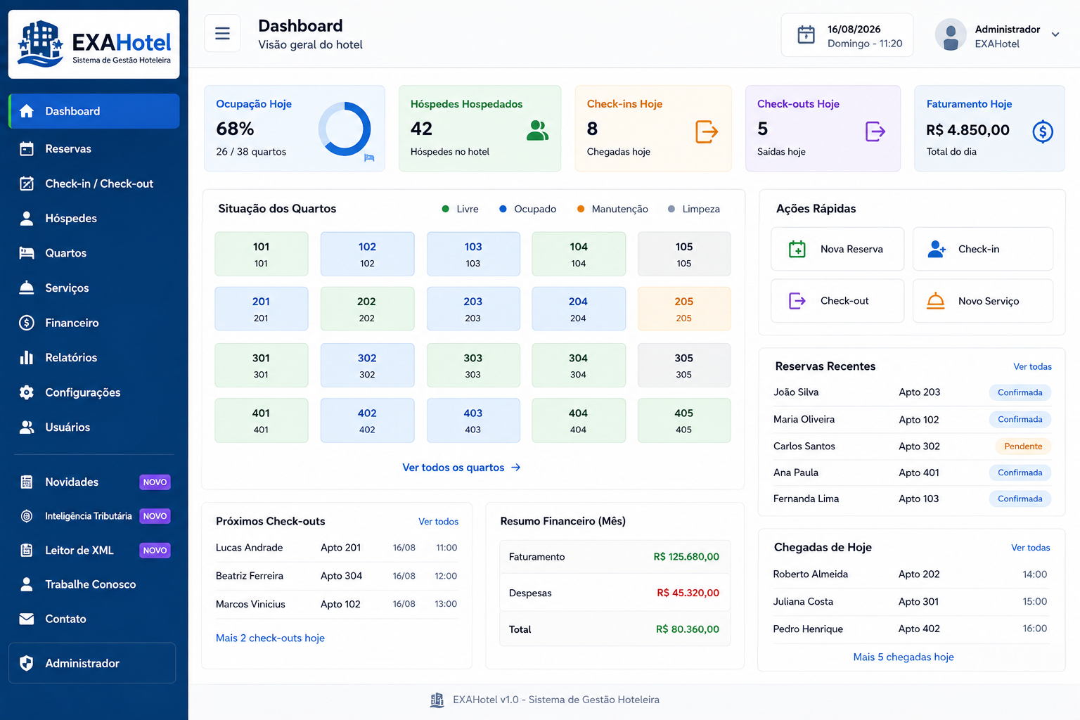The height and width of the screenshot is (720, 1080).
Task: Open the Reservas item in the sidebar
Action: click(68, 148)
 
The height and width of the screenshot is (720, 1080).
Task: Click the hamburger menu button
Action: click(222, 33)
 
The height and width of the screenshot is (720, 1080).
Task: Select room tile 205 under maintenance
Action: click(683, 309)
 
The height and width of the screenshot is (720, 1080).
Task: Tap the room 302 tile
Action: click(367, 365)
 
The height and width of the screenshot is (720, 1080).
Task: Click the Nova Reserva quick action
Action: click(837, 249)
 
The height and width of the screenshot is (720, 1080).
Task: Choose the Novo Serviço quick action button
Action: click(982, 301)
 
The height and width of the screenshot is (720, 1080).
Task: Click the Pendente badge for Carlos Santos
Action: click(1023, 446)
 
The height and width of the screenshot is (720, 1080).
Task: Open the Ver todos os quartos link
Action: click(461, 468)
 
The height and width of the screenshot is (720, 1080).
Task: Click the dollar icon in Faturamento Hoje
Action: click(1043, 131)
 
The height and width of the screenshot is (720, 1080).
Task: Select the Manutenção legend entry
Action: click(612, 209)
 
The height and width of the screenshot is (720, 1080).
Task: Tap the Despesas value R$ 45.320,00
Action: click(688, 593)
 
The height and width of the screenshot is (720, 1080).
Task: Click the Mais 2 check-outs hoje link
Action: click(270, 638)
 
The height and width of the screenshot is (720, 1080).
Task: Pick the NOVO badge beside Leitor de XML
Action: click(155, 551)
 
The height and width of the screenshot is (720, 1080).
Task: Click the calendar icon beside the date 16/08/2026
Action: click(806, 34)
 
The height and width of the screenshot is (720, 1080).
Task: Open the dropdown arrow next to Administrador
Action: click(1055, 34)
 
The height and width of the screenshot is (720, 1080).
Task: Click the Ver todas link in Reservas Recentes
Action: click(1032, 366)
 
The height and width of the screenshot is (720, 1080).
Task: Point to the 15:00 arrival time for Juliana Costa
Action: click(1035, 601)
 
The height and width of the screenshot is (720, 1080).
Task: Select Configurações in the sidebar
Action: click(82, 392)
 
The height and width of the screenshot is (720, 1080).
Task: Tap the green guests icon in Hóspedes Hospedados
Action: click(537, 130)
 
